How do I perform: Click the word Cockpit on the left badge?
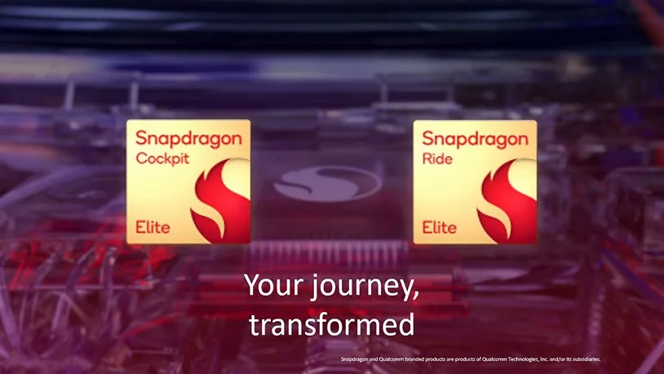(x=162, y=158)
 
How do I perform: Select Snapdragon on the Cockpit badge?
(x=188, y=139)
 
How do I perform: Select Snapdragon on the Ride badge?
(x=475, y=139)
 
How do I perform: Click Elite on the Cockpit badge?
(x=153, y=227)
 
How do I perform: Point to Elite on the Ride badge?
(x=439, y=227)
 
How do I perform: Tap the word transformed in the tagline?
(x=332, y=324)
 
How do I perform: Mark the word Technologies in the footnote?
(x=519, y=358)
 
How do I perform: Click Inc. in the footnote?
(x=545, y=358)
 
